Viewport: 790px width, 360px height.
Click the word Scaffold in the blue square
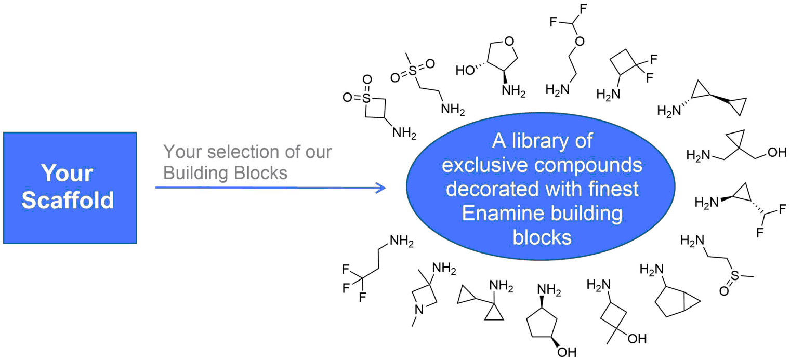click(x=68, y=200)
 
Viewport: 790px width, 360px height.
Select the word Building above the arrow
click(x=190, y=172)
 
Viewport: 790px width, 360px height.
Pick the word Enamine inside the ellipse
click(x=508, y=214)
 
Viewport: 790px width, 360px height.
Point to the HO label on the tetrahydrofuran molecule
click(x=465, y=69)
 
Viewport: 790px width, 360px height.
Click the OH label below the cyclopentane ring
click(x=568, y=352)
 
